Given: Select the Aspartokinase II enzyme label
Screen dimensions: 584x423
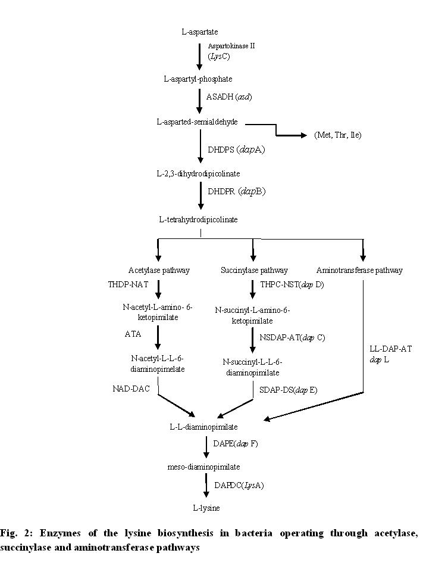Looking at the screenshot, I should pyautogui.click(x=231, y=46).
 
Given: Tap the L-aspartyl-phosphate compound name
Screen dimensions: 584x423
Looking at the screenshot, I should pyautogui.click(x=198, y=79).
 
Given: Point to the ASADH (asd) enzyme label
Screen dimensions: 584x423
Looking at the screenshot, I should pyautogui.click(x=225, y=96).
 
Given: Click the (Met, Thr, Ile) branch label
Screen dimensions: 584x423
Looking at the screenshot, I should pyautogui.click(x=338, y=135).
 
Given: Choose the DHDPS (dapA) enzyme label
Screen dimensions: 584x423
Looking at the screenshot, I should pyautogui.click(x=236, y=150).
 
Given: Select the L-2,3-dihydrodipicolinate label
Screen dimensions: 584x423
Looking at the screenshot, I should pyautogui.click(x=195, y=173).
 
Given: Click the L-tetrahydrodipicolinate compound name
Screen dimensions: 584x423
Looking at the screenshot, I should pyautogui.click(x=198, y=219).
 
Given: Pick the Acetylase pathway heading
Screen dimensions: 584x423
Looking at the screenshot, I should pyautogui.click(x=159, y=270).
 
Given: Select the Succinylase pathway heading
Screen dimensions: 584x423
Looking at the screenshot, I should pyautogui.click(x=254, y=270).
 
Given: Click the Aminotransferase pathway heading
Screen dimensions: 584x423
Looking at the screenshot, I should pyautogui.click(x=359, y=270).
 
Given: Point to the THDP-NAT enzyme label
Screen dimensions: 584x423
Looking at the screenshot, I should pyautogui.click(x=128, y=285).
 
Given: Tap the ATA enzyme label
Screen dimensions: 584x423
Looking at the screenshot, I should pyautogui.click(x=133, y=334).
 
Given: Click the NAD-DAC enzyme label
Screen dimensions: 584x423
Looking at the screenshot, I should pyautogui.click(x=131, y=389).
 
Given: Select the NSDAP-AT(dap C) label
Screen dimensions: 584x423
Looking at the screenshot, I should pyautogui.click(x=292, y=337).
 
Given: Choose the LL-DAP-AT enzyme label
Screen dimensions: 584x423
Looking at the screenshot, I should pyautogui.click(x=391, y=349).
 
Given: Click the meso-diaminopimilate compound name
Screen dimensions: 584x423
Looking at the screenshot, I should pyautogui.click(x=203, y=467).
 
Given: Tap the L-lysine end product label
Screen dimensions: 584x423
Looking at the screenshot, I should pyautogui.click(x=206, y=508).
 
